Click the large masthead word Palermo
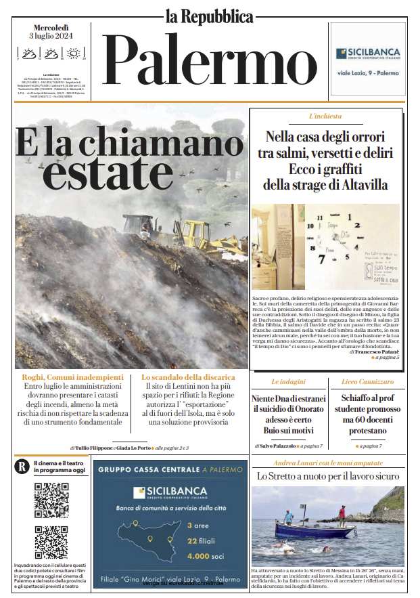(209, 62)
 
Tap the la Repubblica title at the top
(210, 16)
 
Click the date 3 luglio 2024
(50, 36)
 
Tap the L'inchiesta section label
(325, 116)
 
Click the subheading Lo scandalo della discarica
(188, 377)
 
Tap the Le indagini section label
(289, 382)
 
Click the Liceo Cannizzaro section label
(368, 382)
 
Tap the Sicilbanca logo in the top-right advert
(369, 54)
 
